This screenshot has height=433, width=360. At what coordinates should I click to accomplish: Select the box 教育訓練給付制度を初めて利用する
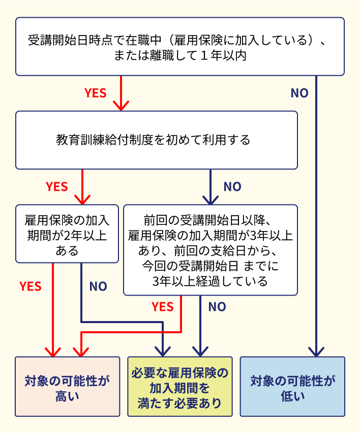click(x=157, y=140)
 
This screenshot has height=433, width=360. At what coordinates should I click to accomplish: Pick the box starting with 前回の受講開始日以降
click(x=211, y=250)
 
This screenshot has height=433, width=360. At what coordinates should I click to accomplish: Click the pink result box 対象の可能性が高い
click(x=67, y=386)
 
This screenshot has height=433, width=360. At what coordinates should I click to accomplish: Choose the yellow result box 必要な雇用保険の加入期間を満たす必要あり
click(x=180, y=386)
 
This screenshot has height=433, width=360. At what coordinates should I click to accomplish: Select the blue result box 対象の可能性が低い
click(x=292, y=386)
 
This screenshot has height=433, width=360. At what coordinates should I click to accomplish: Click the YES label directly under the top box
click(x=96, y=93)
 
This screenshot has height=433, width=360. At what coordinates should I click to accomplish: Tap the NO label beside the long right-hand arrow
click(x=299, y=93)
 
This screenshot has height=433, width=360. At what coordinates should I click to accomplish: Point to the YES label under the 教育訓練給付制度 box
click(x=57, y=186)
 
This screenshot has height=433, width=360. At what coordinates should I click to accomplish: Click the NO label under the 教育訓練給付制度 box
click(x=232, y=186)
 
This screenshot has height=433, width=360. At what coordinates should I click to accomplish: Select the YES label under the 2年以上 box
click(x=31, y=286)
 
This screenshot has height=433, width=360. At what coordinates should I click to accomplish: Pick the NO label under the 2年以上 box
click(x=98, y=286)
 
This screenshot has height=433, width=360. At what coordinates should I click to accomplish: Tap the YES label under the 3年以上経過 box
click(x=163, y=307)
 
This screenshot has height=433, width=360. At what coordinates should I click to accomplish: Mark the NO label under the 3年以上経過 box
click(x=217, y=307)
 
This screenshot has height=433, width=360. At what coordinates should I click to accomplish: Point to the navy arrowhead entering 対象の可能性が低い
click(x=317, y=351)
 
